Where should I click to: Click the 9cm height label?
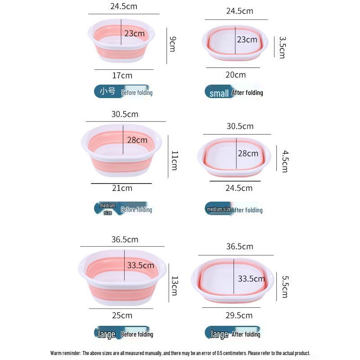pos(172,44)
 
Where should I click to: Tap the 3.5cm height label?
pos(282,47)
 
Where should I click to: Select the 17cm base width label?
pos(122,75)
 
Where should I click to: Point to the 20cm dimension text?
pos(235,75)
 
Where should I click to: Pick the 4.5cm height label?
pos(284,161)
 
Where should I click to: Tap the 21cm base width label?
pos(122,188)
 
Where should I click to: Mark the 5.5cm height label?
pos(284,286)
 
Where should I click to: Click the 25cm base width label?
pos(122,315)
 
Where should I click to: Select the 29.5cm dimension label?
pos(238,315)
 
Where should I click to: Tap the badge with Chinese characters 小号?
pos(108,91)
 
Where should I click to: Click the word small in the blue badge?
pos(219,93)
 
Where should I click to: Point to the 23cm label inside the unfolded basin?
pos(135,34)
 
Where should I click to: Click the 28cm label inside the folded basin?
pos(248,153)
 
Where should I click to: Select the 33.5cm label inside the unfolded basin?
pos(140,265)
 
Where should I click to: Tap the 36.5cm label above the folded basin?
pos(239,246)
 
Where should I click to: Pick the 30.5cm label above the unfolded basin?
pos(125,114)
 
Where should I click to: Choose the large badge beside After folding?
pos(220,334)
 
